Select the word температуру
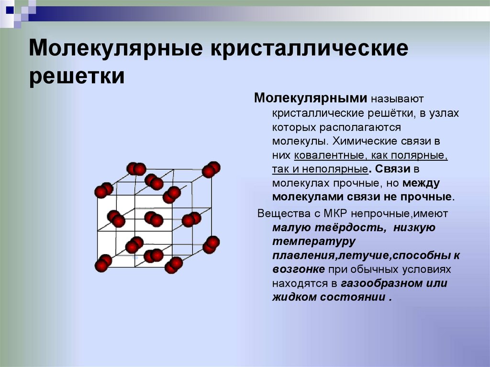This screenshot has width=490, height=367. pos(314,241)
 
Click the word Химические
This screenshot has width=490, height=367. pos(358,142)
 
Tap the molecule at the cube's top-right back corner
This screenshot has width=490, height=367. pos(211,169)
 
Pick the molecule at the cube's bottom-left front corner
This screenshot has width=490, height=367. pos(102,263)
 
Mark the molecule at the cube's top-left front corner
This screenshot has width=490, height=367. pos(103,190)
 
